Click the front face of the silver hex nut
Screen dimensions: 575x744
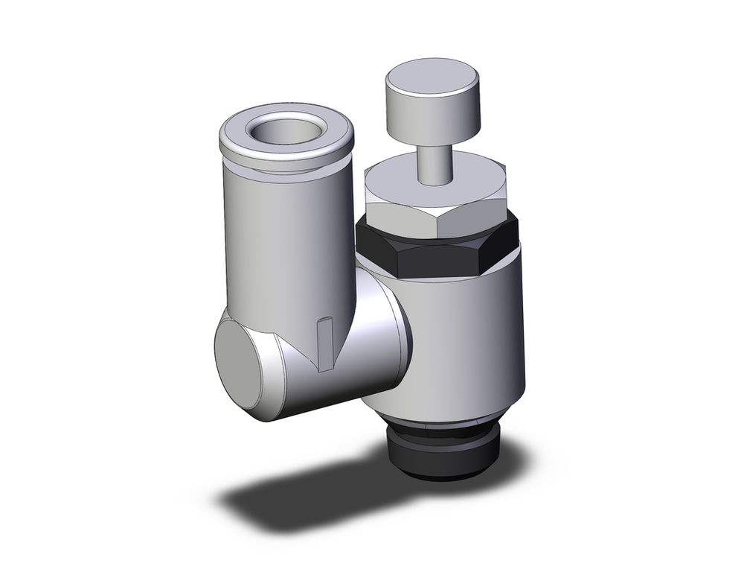click(x=405, y=220)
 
